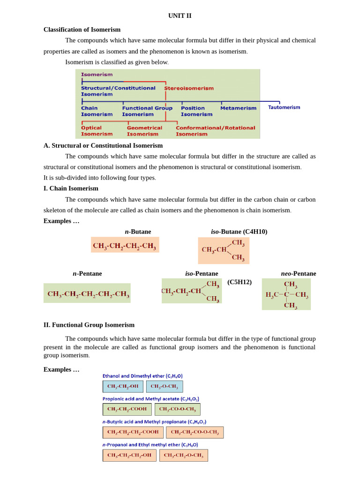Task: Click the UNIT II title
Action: coord(180,15)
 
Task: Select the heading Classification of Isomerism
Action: coord(82,30)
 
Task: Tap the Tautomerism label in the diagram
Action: coord(284,107)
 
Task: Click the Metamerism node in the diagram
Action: coord(238,108)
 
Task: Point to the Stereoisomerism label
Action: coord(188,88)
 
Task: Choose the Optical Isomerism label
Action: coord(97,131)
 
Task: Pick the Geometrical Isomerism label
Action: coord(144,131)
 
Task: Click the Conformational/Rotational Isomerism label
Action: coord(215,131)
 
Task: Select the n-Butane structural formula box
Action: coord(125,245)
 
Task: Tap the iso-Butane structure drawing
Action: coord(223,250)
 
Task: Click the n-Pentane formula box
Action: coord(87,293)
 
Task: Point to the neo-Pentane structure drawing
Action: coord(286,294)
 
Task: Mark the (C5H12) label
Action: coord(240,282)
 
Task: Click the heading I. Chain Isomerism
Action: coord(71,188)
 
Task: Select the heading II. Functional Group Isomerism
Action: coord(89,325)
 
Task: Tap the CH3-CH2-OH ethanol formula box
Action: coord(123,386)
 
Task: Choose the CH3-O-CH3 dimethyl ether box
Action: coord(165,386)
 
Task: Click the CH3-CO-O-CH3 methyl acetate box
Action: coord(177,409)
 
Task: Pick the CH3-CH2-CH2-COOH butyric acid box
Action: coord(133,432)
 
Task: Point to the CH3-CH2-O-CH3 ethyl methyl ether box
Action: coord(183,455)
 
